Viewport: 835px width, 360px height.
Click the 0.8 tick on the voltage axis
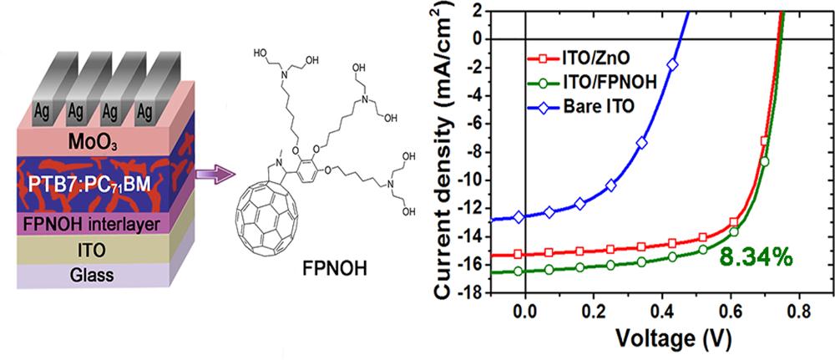point(798,310)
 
